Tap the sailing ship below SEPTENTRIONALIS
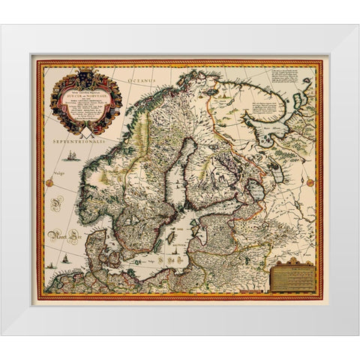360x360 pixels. (x=70, y=156)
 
